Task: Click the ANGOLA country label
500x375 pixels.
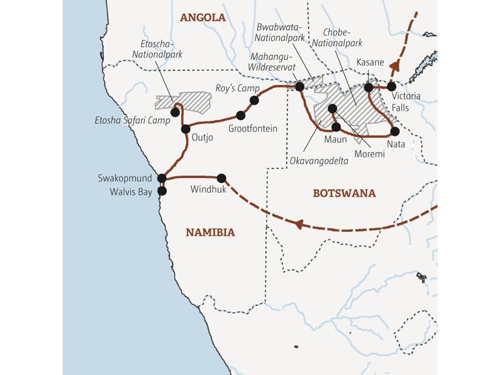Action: click(202, 17)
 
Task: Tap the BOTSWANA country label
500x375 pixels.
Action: click(344, 193)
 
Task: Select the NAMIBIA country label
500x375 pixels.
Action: click(210, 232)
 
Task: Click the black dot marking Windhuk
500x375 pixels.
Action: click(221, 177)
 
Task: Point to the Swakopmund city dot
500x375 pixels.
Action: click(162, 178)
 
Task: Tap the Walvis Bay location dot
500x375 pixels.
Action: click(162, 191)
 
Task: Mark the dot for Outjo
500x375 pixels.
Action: click(186, 129)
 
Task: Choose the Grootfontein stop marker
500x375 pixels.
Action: click(241, 116)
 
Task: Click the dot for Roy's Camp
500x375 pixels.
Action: click(254, 100)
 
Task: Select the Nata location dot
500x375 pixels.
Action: click(394, 131)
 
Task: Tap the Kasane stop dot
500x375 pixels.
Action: click(369, 87)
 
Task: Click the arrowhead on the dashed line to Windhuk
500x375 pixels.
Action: click(299, 223)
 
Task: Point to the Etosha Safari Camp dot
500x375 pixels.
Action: click(175, 112)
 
